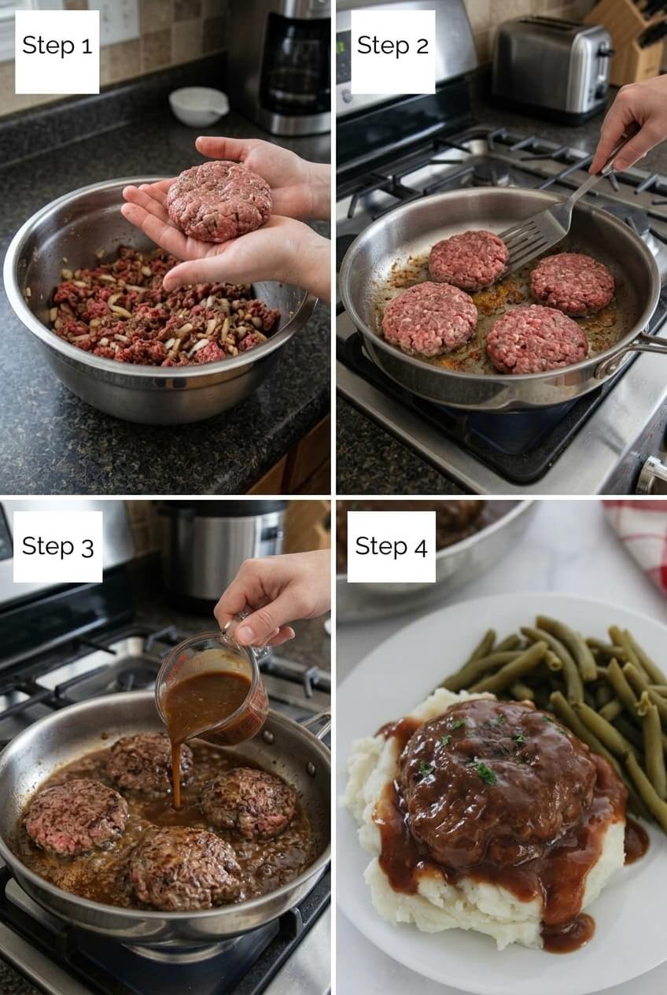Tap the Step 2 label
(x=392, y=46)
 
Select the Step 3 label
(x=57, y=546)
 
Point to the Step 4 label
(x=391, y=546)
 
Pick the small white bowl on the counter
(x=198, y=105)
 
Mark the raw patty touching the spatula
(x=469, y=260)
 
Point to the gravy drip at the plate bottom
(x=568, y=933)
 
